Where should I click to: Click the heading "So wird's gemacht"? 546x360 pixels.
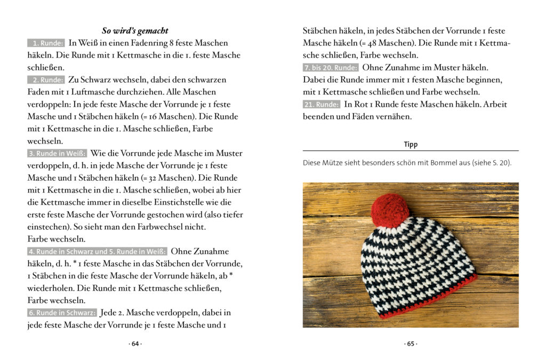(x=135, y=30)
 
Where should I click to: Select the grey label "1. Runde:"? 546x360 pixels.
(x=46, y=43)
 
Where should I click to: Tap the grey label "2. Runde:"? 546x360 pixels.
(x=46, y=80)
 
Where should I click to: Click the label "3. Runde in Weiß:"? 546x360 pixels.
(x=57, y=154)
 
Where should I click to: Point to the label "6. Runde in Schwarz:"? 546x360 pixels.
(x=62, y=313)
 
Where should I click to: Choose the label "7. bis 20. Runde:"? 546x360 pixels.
(x=331, y=68)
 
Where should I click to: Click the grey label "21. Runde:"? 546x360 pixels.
(x=322, y=105)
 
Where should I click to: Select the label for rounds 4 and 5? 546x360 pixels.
(x=97, y=252)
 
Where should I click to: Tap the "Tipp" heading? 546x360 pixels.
(x=411, y=145)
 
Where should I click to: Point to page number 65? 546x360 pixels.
(x=411, y=344)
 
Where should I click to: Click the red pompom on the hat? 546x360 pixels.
(x=390, y=210)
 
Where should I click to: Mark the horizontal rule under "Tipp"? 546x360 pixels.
(x=411, y=151)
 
